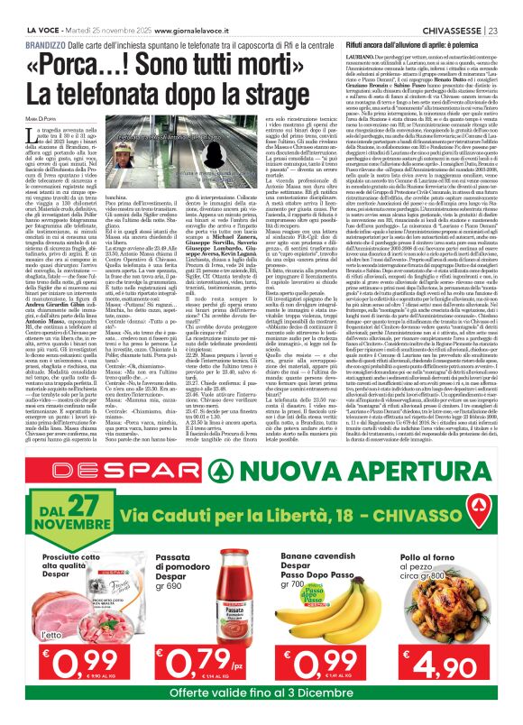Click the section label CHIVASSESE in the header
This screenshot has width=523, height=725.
pyautogui.click(x=450, y=6)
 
